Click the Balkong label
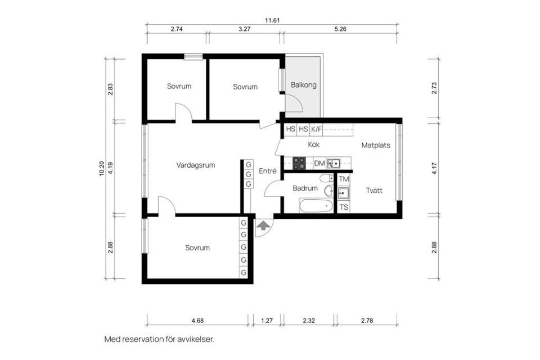304,85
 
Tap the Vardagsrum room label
196,165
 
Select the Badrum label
305,188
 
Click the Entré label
267,171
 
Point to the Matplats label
376,145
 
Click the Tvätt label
374,190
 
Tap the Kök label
314,145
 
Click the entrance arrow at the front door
263,226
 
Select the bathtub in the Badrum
316,206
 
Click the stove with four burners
299,164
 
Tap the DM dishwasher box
319,164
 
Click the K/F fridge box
317,129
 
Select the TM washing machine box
344,179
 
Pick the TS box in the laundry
344,207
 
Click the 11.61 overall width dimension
273,20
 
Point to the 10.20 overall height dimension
102,169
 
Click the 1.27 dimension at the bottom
267,321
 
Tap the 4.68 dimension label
197,321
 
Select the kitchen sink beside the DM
334,164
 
